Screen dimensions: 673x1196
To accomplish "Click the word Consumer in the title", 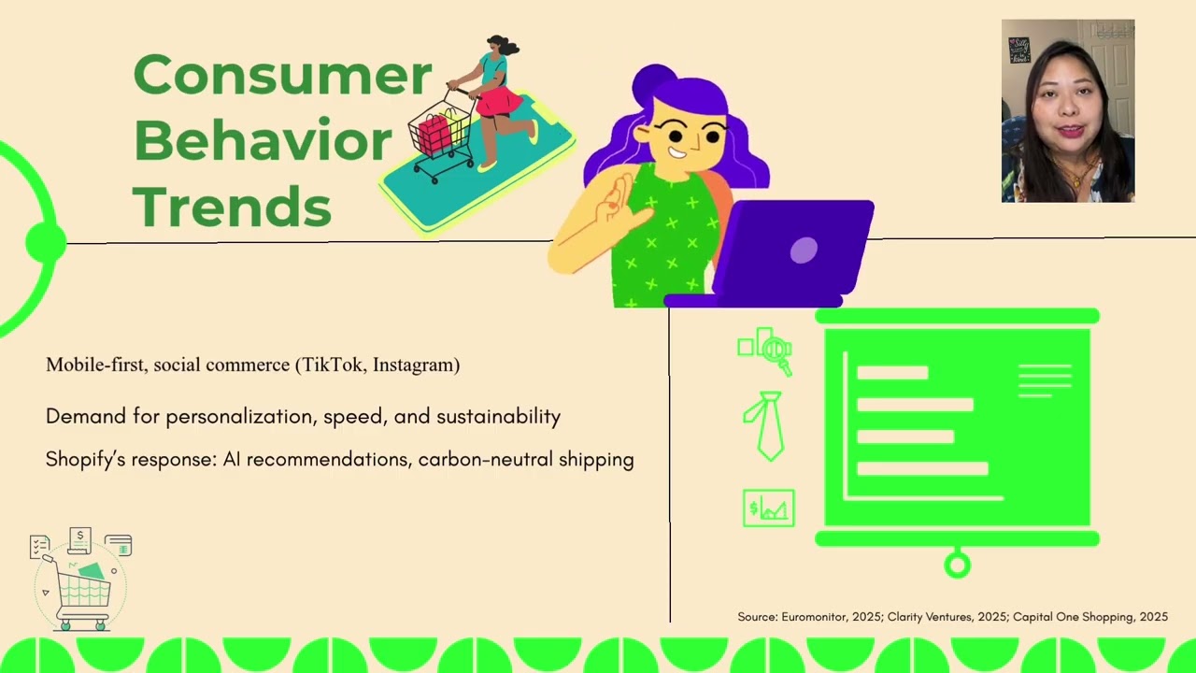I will click(x=282, y=77).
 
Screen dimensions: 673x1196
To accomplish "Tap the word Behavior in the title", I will click(x=263, y=142).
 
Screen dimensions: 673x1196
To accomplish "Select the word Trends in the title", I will click(x=232, y=207).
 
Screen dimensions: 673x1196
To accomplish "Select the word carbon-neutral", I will click(x=485, y=460).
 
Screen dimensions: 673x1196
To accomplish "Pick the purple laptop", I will click(x=794, y=251).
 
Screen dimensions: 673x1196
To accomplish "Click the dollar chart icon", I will click(x=768, y=508).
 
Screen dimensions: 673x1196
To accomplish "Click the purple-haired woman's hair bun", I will click(x=655, y=83).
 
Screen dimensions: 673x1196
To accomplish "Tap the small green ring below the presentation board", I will click(x=957, y=565).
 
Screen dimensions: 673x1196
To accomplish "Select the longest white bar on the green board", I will click(x=922, y=468).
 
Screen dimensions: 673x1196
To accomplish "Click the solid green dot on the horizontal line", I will click(x=44, y=243).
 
